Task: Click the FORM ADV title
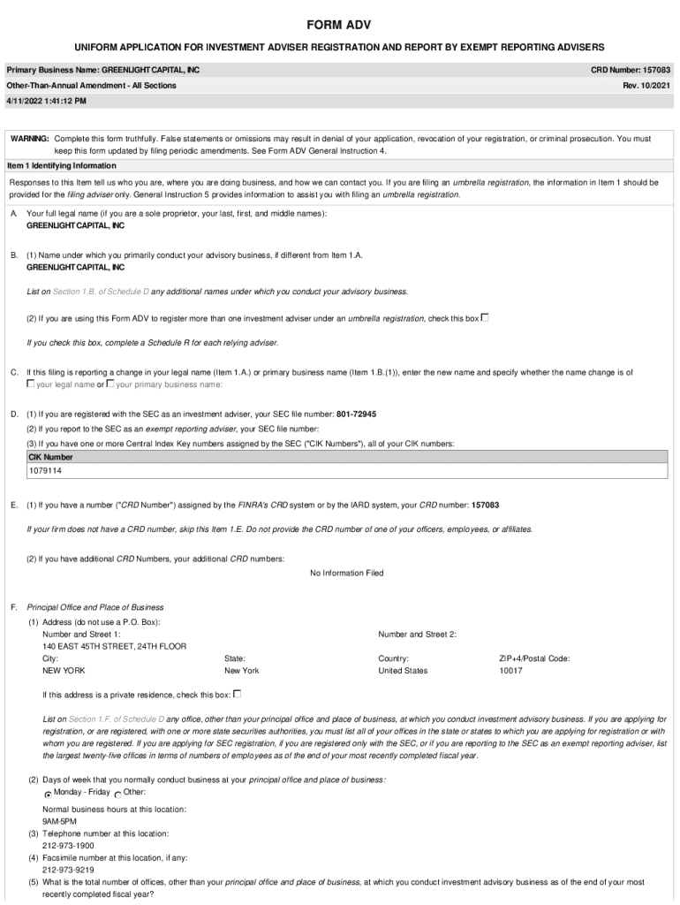tap(339, 24)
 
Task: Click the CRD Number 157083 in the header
tap(630, 69)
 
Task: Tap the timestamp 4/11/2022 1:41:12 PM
tap(47, 101)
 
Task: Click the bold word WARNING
tap(29, 139)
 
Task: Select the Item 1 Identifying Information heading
tap(61, 165)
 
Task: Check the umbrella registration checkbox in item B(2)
tap(485, 317)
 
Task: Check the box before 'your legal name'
tap(31, 384)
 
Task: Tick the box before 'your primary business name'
tap(110, 384)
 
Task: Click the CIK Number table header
tap(52, 457)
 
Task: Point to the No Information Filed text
tap(347, 573)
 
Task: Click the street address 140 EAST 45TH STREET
tap(114, 646)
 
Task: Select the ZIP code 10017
tap(510, 671)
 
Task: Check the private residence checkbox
tap(237, 693)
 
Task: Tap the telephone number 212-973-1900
tap(67, 846)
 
